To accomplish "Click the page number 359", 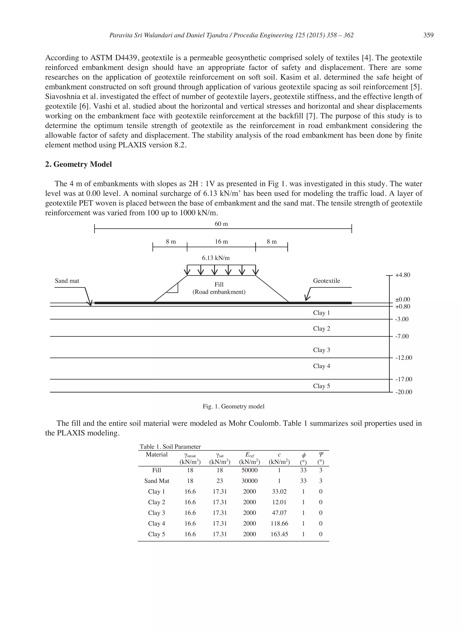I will coord(428,35).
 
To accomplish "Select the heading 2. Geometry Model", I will coord(78,164).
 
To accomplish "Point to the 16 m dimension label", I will coord(221,242).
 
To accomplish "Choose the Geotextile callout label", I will coord(326,281).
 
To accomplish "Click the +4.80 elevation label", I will coord(402,275).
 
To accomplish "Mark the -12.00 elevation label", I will coord(404,358).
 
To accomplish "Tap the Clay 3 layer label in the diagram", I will coord(321,350).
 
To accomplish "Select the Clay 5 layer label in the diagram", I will coord(321,386).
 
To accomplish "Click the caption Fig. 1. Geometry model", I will coord(233,406).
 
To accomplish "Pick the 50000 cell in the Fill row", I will coord(249,470).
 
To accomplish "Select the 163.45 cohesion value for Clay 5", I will coord(279,534).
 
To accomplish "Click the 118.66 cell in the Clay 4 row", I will coord(279,523).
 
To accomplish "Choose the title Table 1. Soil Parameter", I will coord(170,447).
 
